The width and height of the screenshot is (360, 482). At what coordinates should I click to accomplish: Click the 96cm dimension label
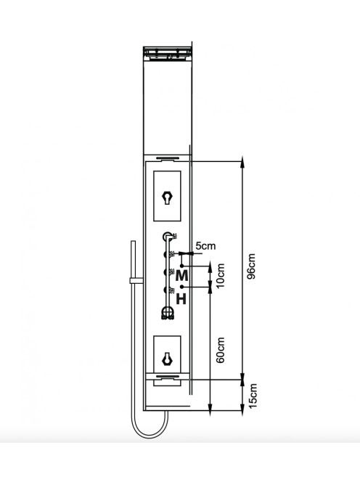(x=251, y=266)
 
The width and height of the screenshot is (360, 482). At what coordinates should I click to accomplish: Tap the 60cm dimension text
(x=221, y=351)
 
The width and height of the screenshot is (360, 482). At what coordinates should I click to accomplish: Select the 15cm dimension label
(x=252, y=396)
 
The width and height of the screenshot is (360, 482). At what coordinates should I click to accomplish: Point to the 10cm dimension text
(x=221, y=276)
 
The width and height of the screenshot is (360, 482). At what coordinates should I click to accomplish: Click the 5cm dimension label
(x=205, y=246)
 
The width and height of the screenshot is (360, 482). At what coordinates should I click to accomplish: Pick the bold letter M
(x=181, y=276)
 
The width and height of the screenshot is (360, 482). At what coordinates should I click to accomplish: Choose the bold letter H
(x=181, y=299)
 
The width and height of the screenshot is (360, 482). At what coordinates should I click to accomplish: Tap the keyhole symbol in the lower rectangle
(x=167, y=359)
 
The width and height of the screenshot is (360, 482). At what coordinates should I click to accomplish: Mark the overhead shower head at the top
(x=168, y=52)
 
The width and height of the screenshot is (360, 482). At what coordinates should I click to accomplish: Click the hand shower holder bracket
(x=136, y=280)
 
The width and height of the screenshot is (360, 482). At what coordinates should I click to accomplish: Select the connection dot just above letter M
(x=182, y=266)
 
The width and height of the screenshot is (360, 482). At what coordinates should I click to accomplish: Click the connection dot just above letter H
(x=182, y=287)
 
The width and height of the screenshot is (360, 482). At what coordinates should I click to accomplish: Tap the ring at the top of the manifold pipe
(x=167, y=236)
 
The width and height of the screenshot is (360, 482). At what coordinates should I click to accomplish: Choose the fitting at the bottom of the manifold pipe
(x=168, y=314)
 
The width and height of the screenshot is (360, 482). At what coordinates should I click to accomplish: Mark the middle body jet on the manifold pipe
(x=166, y=272)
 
